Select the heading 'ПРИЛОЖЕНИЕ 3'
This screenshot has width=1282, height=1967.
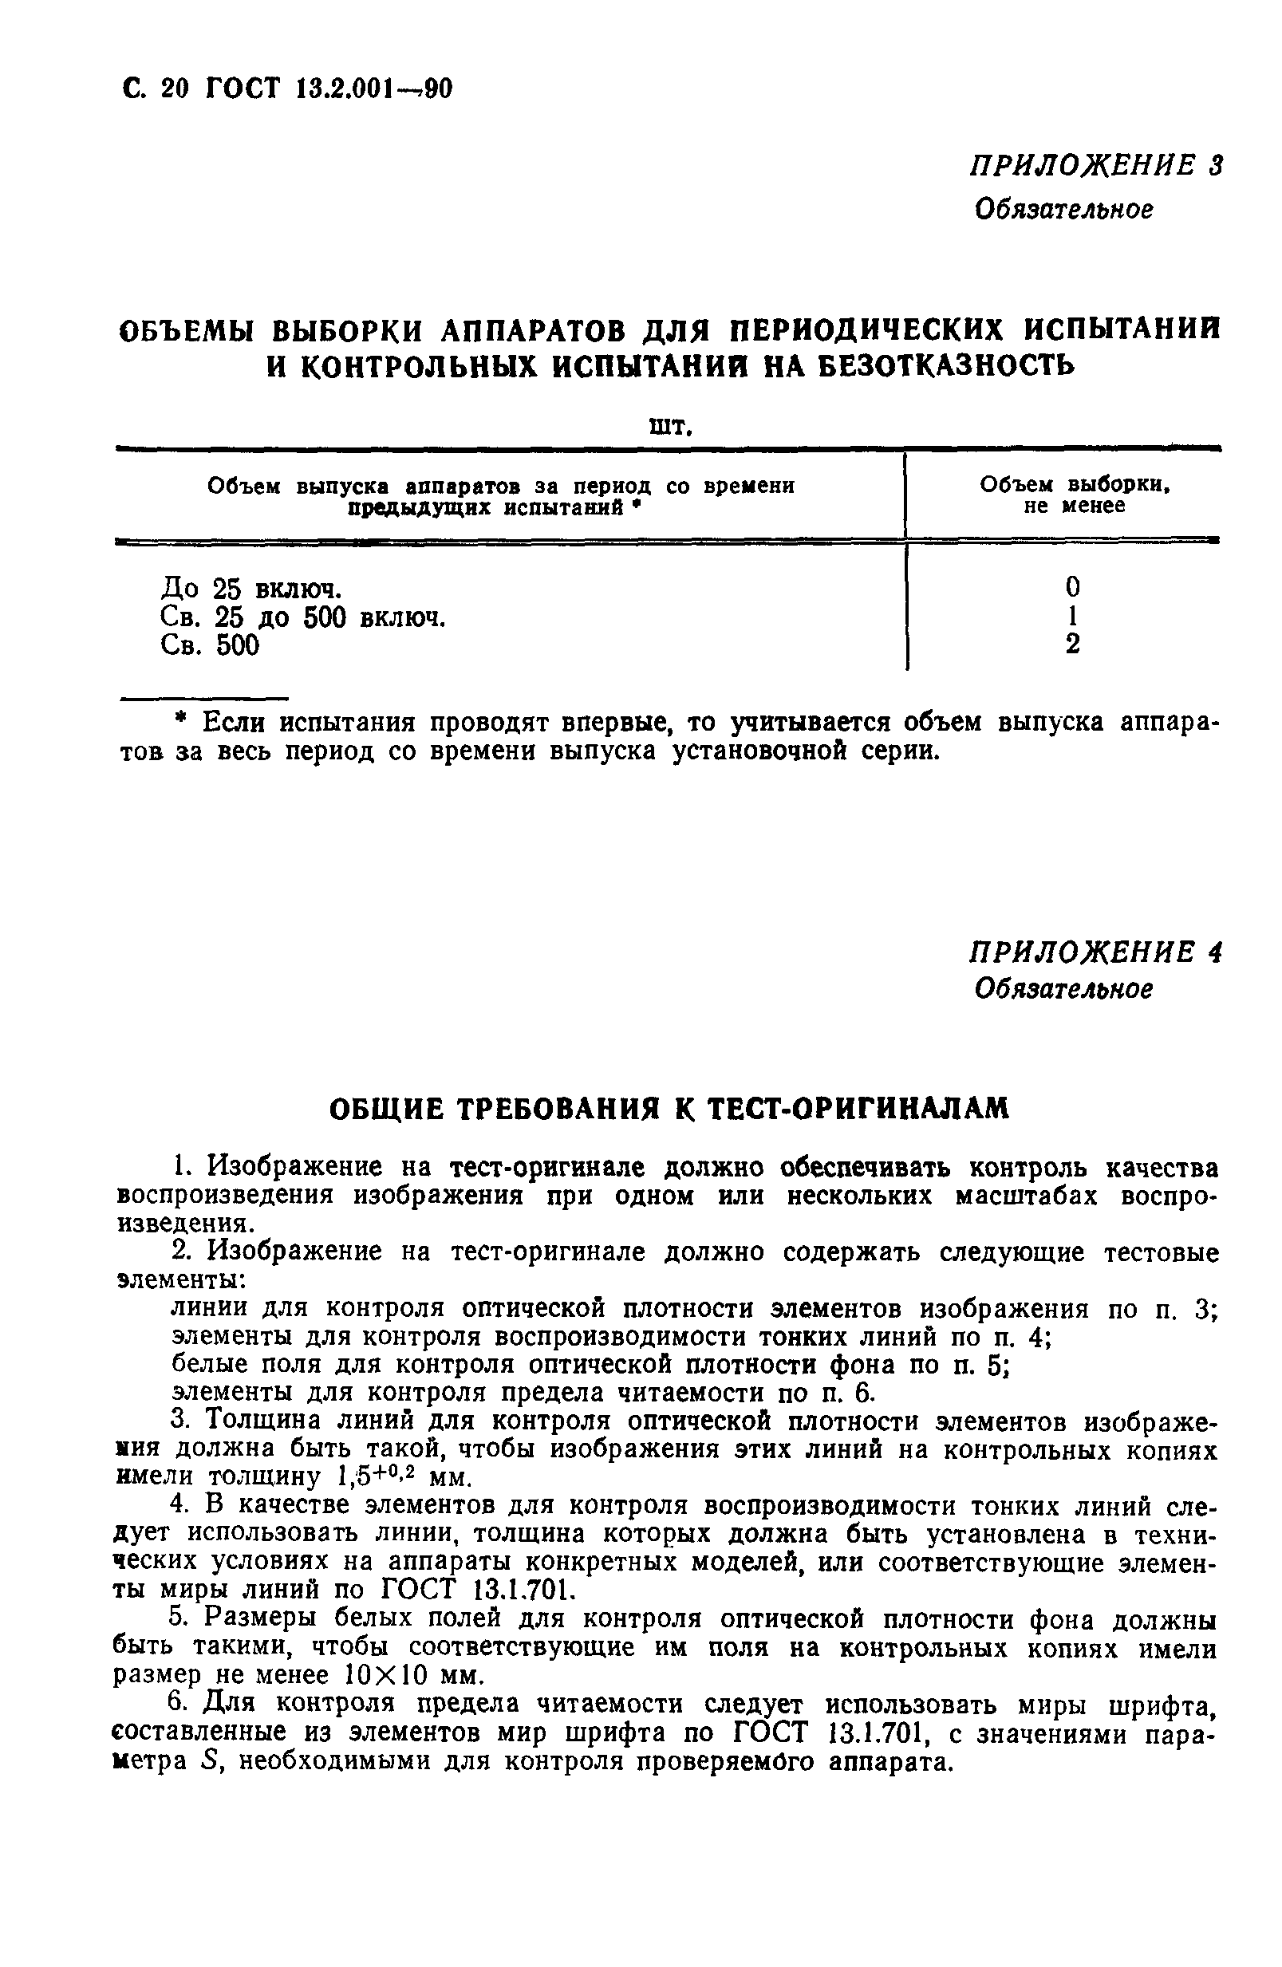click(x=1095, y=166)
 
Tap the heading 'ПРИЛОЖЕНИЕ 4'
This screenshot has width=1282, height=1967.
click(x=1095, y=952)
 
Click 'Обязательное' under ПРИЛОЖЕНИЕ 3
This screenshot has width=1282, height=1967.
click(x=1063, y=209)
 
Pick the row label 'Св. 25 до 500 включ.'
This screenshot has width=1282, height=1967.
click(x=302, y=617)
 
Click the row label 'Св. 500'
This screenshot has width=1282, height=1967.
click(x=210, y=645)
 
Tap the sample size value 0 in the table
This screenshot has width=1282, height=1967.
click(x=1072, y=588)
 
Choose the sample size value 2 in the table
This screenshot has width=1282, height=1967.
click(x=1072, y=644)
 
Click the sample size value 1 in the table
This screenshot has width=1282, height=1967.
click(x=1072, y=616)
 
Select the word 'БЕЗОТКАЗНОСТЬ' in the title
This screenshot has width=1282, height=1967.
click(x=945, y=365)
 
